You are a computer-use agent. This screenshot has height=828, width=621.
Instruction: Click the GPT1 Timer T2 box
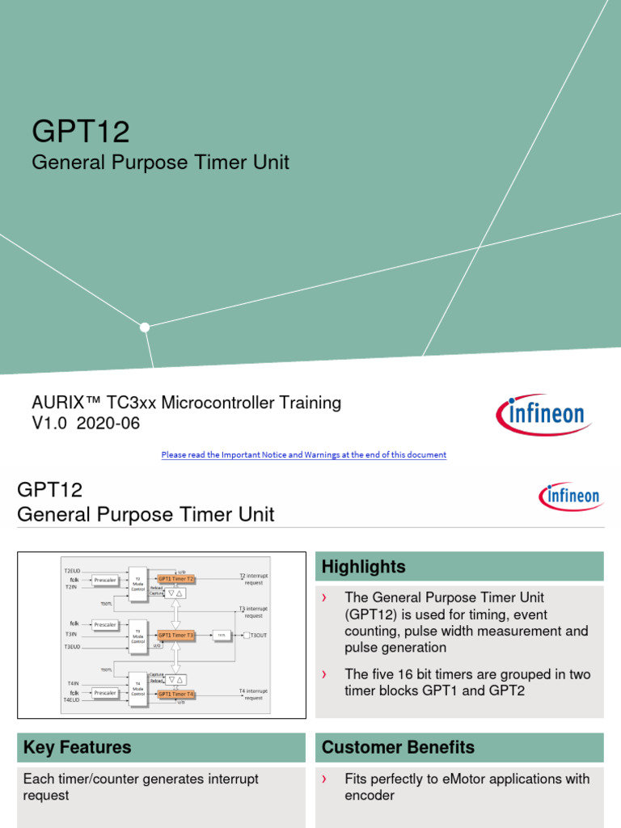click(x=175, y=579)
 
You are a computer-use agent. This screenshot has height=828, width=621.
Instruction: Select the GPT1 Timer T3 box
click(x=175, y=636)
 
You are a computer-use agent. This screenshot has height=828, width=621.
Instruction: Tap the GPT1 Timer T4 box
click(x=175, y=694)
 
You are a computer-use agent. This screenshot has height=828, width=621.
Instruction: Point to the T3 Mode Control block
click(x=137, y=636)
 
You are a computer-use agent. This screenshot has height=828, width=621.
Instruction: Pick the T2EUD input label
click(x=73, y=570)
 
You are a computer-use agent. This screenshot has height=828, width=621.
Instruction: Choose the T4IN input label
click(x=73, y=684)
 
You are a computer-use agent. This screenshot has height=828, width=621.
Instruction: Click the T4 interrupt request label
click(x=253, y=694)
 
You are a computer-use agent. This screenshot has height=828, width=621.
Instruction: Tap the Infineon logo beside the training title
click(x=543, y=415)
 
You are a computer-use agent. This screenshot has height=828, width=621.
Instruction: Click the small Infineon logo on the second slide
click(x=570, y=495)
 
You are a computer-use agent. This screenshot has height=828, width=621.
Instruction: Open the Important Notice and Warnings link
click(x=303, y=454)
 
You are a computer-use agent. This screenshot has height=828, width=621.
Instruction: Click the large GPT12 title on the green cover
click(x=80, y=130)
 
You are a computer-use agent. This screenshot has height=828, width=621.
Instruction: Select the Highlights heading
click(x=364, y=567)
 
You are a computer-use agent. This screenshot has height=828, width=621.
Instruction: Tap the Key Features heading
click(x=78, y=747)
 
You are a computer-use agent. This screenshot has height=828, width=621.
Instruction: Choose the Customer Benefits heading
click(x=398, y=747)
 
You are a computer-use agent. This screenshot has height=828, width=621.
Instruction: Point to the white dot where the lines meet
click(x=145, y=327)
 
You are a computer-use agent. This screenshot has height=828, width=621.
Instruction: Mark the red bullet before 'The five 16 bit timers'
click(x=324, y=674)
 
